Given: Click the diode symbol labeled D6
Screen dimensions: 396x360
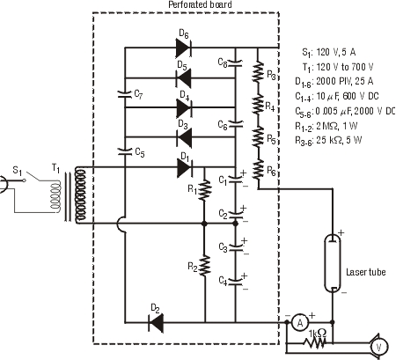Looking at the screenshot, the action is coord(184,48).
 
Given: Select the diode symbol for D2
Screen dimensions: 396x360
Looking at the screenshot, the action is coord(156,323).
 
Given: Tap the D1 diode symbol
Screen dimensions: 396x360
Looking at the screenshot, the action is coord(185,168).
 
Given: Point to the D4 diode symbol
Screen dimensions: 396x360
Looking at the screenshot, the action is coord(184,107).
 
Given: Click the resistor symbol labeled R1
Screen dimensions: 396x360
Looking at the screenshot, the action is coord(205,191).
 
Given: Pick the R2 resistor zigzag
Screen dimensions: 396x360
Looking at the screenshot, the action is coord(205,265).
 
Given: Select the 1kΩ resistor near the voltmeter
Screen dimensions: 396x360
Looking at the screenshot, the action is coord(315,342).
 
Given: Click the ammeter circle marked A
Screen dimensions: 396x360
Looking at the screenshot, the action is coord(300,323).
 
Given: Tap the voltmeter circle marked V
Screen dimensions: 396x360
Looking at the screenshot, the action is coord(378,347).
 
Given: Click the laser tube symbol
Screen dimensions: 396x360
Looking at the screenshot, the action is coord(333,263).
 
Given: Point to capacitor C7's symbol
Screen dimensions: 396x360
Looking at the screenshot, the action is coord(125,94).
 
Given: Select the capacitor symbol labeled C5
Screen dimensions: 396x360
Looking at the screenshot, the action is coord(125,151).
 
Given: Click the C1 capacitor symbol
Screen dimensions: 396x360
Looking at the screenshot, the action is coord(235,180).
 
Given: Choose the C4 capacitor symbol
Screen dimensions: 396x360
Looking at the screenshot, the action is coord(235,281).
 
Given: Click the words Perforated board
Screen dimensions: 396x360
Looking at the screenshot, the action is coord(200,4).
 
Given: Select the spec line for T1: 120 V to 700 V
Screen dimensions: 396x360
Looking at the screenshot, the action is coord(338,67).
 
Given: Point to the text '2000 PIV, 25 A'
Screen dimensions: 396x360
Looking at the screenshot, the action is coord(345,81).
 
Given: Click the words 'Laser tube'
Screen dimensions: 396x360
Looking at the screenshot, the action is coord(366,272).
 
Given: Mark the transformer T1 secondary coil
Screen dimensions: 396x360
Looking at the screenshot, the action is coord(80,195).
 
